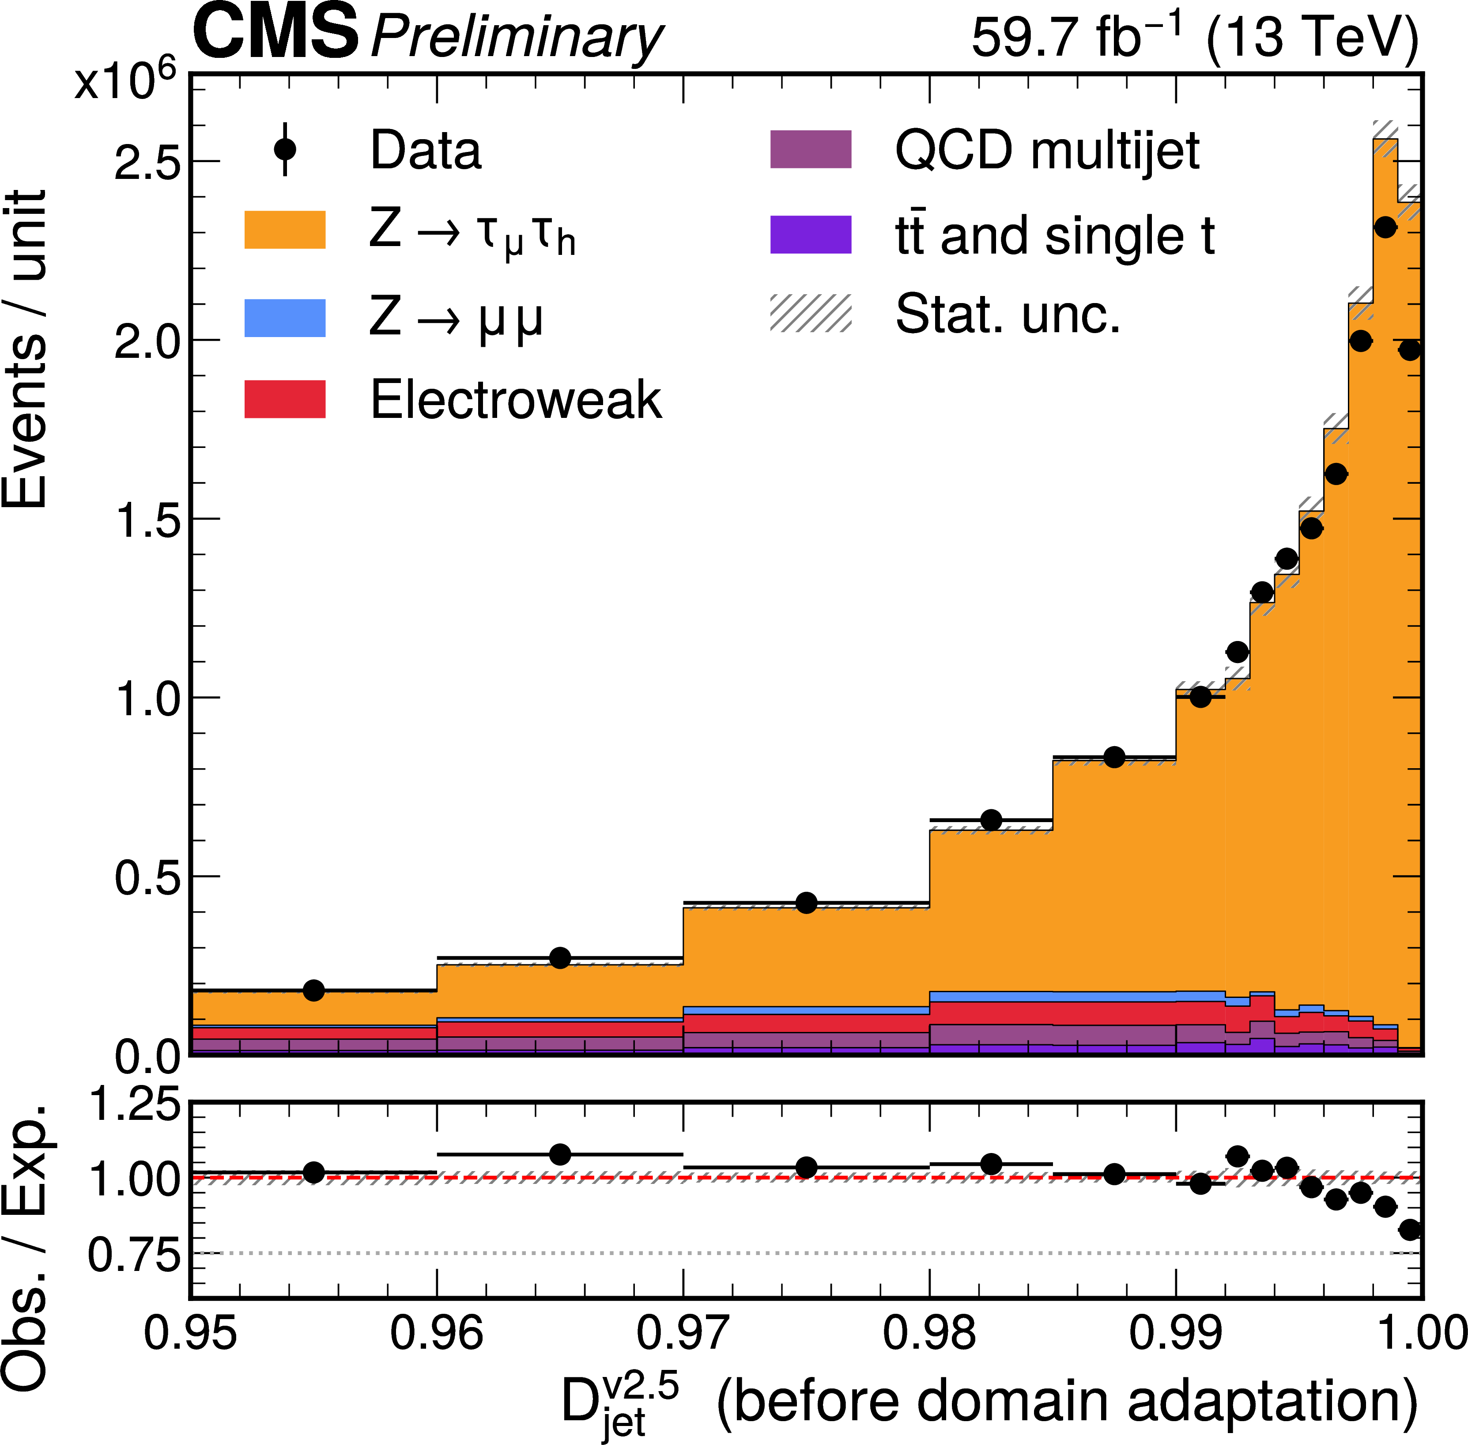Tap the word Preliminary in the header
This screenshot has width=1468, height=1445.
517,38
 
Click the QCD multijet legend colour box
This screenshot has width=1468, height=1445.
810,149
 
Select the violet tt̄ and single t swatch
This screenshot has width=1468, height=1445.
810,235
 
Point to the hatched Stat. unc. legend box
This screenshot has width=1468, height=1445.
810,314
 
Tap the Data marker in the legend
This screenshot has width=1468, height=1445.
285,149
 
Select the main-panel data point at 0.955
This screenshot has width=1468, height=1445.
313,990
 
